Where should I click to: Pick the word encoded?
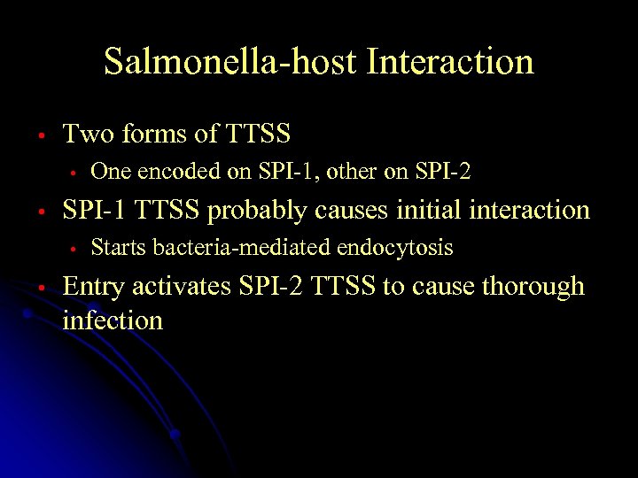[181, 172]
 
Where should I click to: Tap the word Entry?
[92, 288]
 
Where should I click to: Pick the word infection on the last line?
[113, 320]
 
